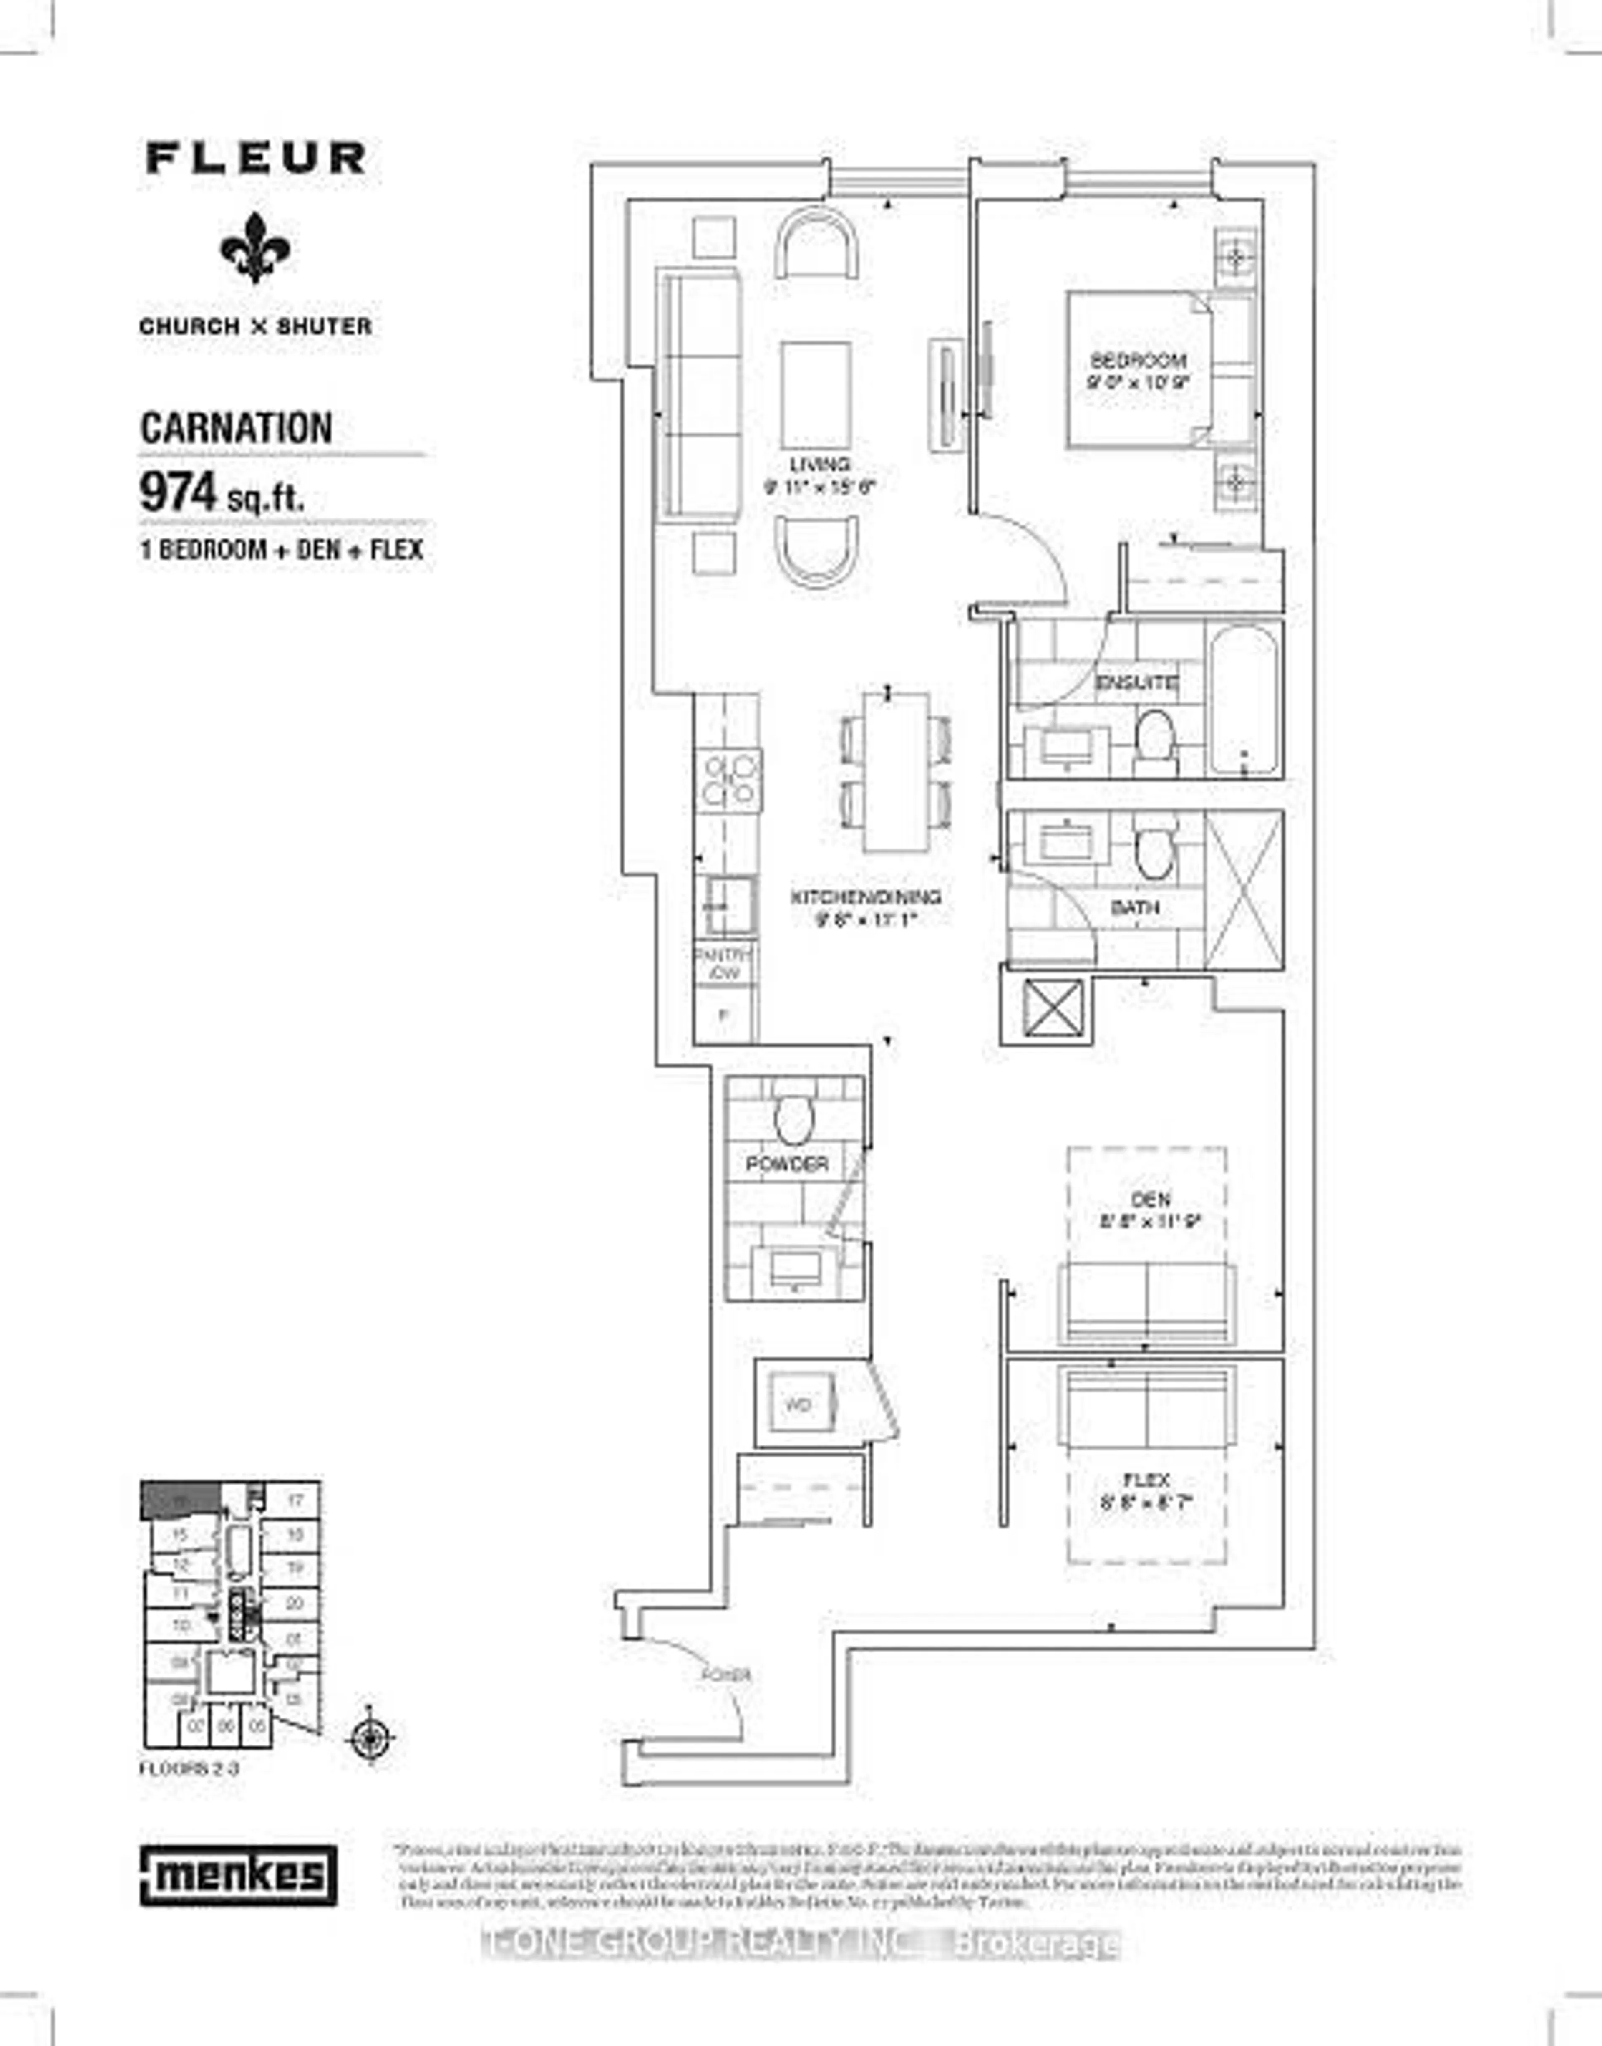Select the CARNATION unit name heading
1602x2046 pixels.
[x=237, y=429]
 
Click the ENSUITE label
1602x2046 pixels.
[x=1137, y=682]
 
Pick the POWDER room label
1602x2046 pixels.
[x=787, y=1164]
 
